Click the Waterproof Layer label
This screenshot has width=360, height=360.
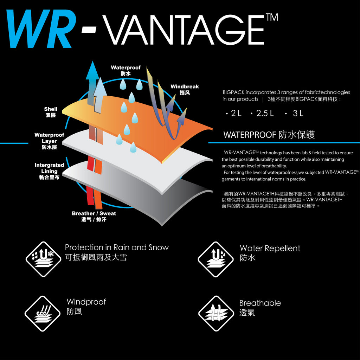click(x=49, y=141)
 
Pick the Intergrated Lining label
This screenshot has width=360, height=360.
click(x=49, y=171)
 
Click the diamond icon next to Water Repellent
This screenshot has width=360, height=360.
click(x=216, y=259)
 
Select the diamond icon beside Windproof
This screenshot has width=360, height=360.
click(x=43, y=314)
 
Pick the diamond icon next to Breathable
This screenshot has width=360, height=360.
click(x=216, y=314)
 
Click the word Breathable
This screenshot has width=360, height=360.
click(x=260, y=303)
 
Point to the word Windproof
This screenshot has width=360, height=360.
click(x=86, y=302)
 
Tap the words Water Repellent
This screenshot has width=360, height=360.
click(x=270, y=248)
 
